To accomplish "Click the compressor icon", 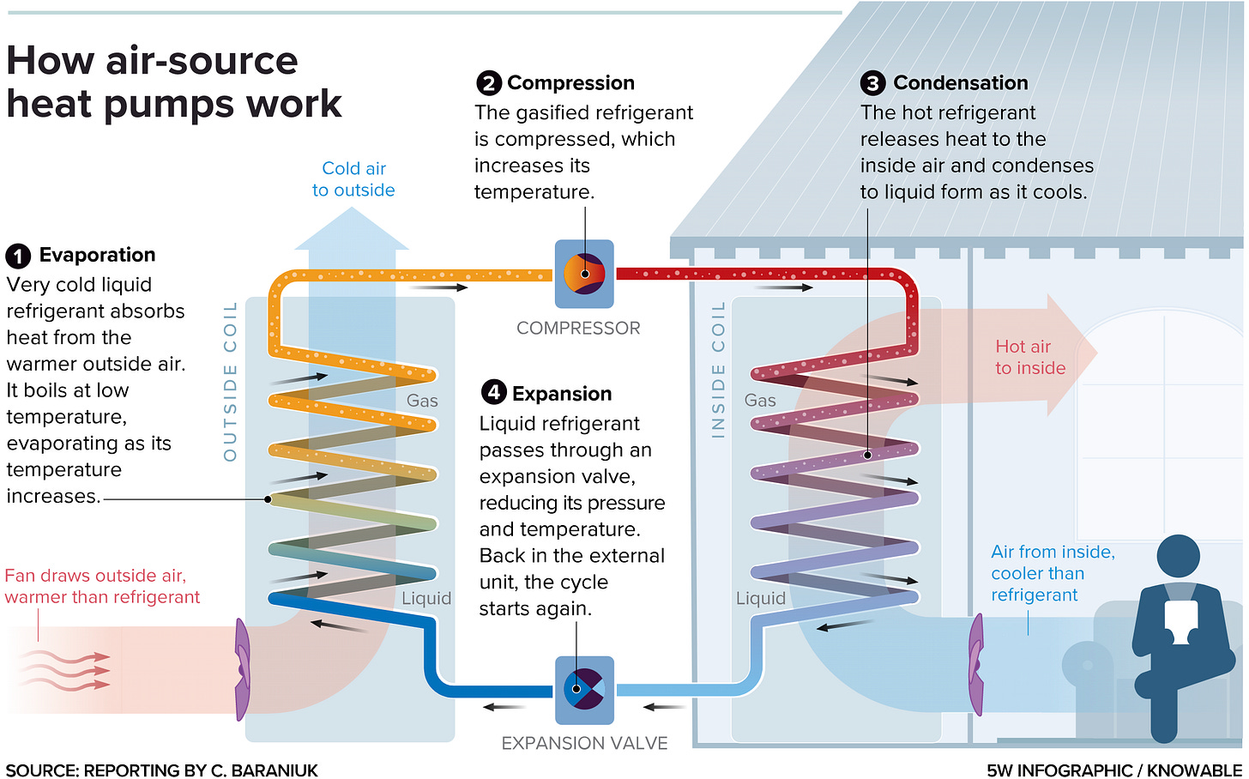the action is [584, 274].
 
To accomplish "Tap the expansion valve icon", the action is [584, 690].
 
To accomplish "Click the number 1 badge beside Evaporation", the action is [18, 256].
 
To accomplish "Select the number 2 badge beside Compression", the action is [489, 83].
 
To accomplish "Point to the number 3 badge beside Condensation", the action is [873, 83].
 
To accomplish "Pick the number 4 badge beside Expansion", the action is [494, 392].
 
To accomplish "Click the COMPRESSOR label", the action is [578, 328].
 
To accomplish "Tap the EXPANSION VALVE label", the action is [584, 743].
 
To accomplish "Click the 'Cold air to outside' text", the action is [353, 179].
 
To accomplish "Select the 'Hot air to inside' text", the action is [1030, 357].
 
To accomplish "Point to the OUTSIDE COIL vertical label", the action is [230, 382].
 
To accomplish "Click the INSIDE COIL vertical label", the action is [718, 370].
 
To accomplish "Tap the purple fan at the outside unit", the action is [243, 669].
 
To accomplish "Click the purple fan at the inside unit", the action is [976, 664].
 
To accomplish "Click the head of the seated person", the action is [1178, 556].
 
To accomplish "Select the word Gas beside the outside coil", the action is [422, 401].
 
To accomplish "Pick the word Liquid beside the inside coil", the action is [761, 598].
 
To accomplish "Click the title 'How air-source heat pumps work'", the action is [174, 82].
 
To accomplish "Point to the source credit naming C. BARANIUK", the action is [161, 770].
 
